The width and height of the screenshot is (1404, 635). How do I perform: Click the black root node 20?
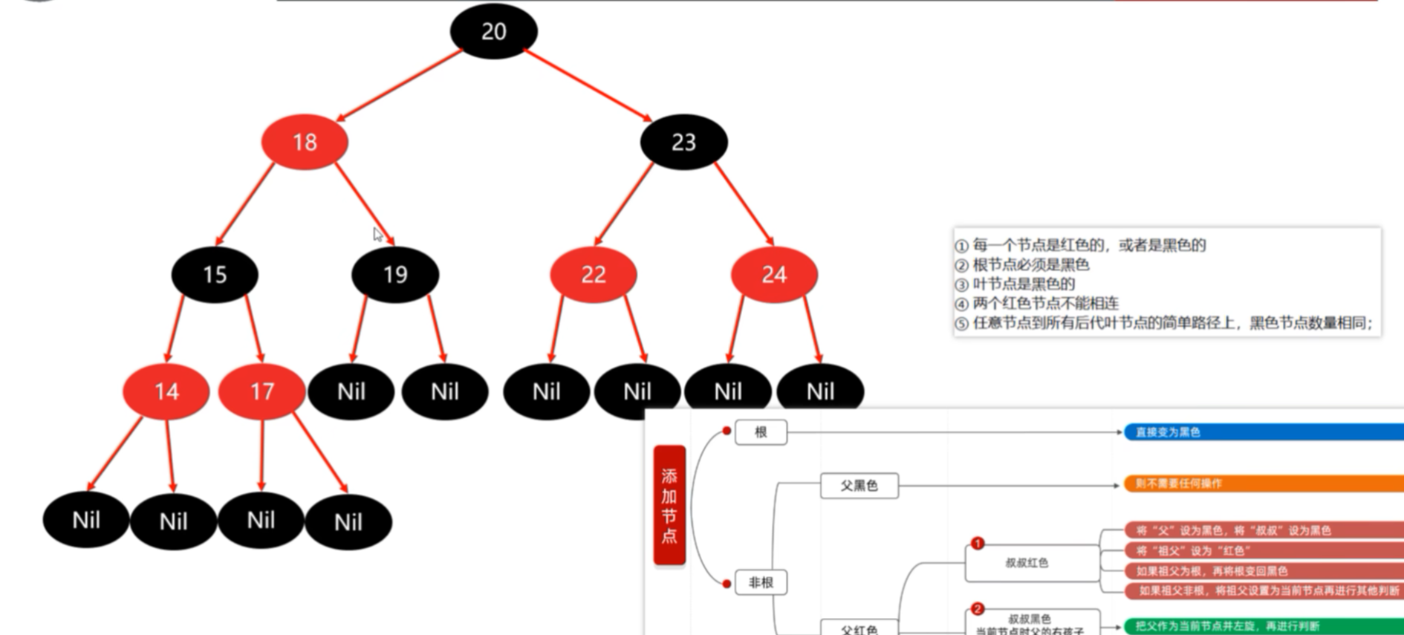(493, 31)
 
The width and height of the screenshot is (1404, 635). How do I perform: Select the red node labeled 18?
(305, 142)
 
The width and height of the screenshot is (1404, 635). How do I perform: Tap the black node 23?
(683, 142)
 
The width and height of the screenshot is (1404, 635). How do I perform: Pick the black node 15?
(215, 275)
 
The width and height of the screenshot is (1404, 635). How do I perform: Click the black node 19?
(395, 275)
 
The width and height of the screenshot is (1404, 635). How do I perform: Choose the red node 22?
(593, 275)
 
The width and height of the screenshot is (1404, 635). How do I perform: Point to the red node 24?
(774, 275)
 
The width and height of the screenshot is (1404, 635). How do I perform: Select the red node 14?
(166, 391)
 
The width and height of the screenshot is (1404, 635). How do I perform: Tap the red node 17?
(261, 391)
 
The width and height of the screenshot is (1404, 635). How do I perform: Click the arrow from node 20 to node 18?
(400, 85)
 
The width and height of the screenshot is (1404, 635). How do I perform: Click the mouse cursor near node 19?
(377, 234)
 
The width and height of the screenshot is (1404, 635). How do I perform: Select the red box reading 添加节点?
(669, 505)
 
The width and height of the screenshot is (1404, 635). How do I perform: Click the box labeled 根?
(761, 432)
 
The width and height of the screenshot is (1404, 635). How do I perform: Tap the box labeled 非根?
(761, 582)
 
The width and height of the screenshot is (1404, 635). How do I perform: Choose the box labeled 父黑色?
(859, 486)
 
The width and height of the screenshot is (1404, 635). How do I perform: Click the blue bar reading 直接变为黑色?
(1263, 432)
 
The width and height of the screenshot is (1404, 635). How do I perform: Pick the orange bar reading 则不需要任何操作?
(1263, 483)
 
